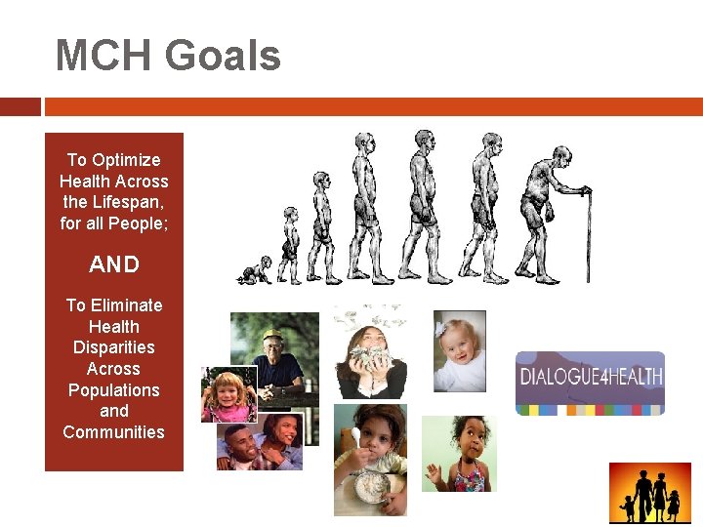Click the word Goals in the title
(x=224, y=56)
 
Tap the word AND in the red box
(x=114, y=264)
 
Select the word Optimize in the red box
(x=127, y=160)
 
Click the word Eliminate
(x=125, y=305)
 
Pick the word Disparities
(x=114, y=347)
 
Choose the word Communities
(x=114, y=431)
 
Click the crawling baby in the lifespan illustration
(x=256, y=270)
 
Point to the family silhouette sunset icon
(x=649, y=494)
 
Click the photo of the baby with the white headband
(x=459, y=350)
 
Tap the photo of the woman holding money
(x=370, y=351)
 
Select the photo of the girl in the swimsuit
(x=459, y=454)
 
